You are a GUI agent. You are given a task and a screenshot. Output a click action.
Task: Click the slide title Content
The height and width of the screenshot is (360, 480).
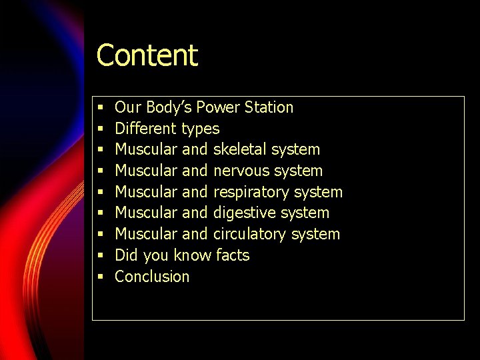pyautogui.click(x=147, y=55)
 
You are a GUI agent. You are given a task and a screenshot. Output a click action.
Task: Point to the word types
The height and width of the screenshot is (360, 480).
pyautogui.click(x=200, y=129)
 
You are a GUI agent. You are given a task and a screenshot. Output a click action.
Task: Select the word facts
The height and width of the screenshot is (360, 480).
pyautogui.click(x=233, y=255)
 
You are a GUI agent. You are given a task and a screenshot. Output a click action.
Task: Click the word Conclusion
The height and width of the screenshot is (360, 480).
pyautogui.click(x=152, y=277)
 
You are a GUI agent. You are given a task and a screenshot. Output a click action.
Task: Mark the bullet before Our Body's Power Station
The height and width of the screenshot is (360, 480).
pyautogui.click(x=99, y=107)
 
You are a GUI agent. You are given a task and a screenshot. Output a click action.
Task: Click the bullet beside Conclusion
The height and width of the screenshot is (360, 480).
pyautogui.click(x=99, y=277)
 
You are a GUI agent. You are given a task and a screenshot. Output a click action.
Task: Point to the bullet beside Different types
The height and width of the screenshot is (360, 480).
pyautogui.click(x=99, y=129)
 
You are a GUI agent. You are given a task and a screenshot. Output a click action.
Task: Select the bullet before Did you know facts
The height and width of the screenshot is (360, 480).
pyautogui.click(x=99, y=255)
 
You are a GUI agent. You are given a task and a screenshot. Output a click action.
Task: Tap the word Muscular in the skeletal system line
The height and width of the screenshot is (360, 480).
pyautogui.click(x=146, y=149)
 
